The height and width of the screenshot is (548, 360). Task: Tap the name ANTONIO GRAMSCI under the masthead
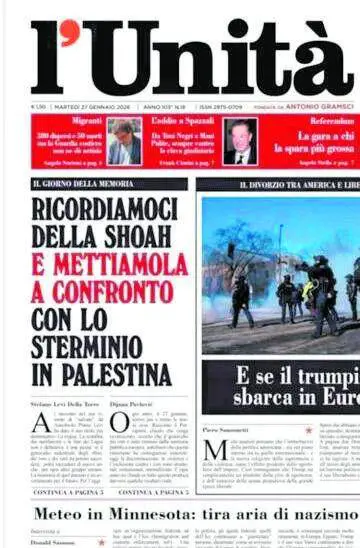tap(318, 105)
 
